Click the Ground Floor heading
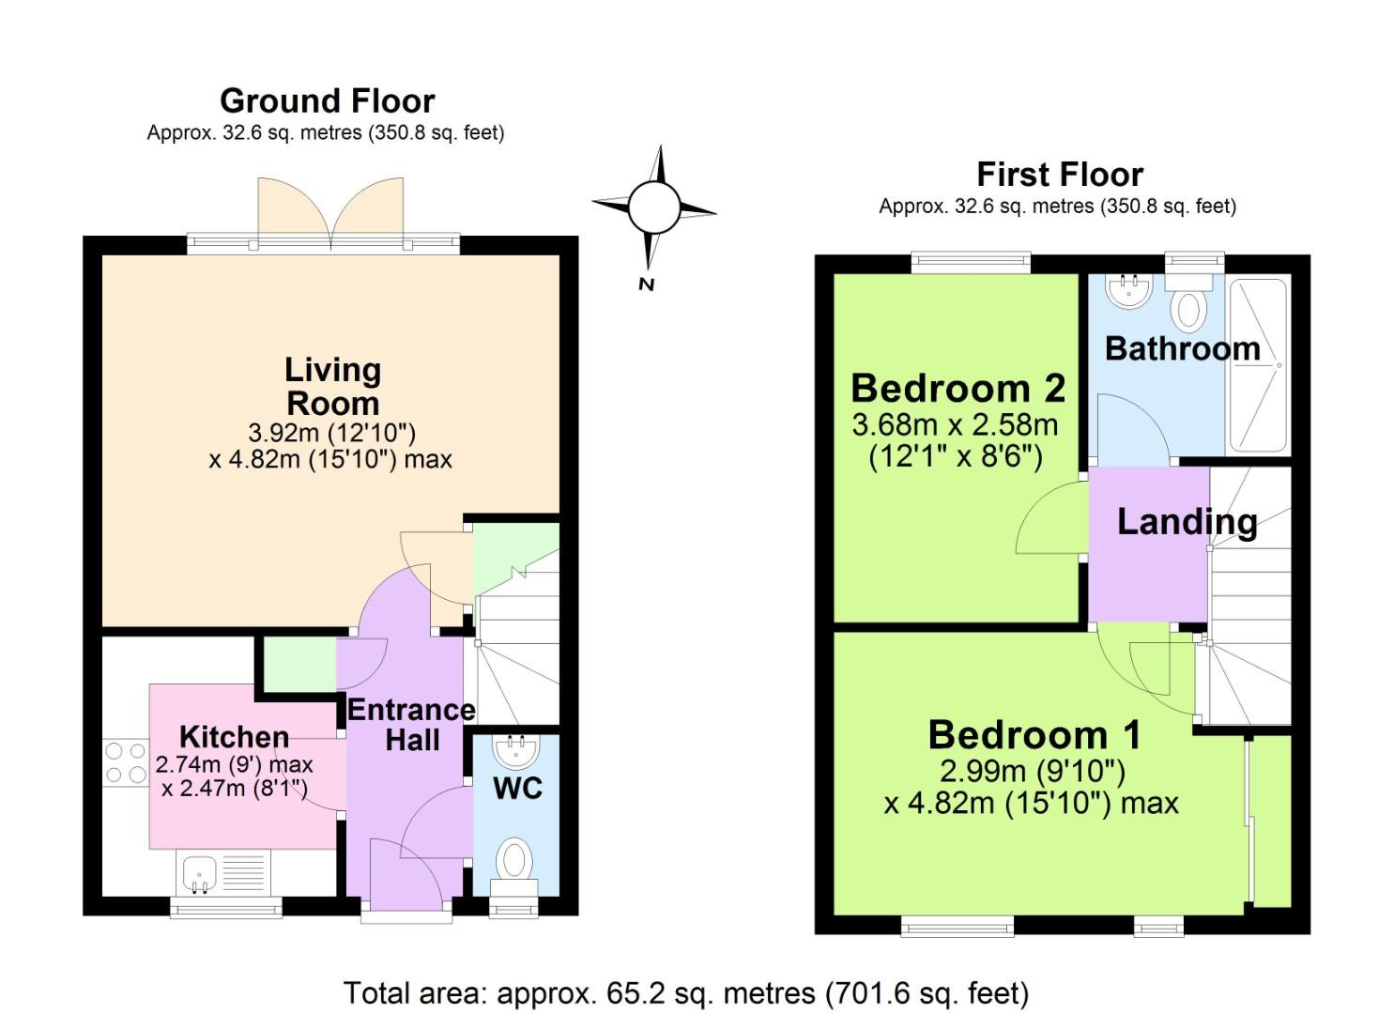327,100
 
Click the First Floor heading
1060,175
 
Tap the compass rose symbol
653,207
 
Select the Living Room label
332,386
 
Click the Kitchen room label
234,736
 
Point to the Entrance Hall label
411,724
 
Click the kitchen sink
198,873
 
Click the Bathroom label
1182,348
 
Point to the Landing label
1187,521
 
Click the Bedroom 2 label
957,387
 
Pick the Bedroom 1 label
1034,734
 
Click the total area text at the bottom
686,992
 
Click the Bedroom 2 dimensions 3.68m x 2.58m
955,425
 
